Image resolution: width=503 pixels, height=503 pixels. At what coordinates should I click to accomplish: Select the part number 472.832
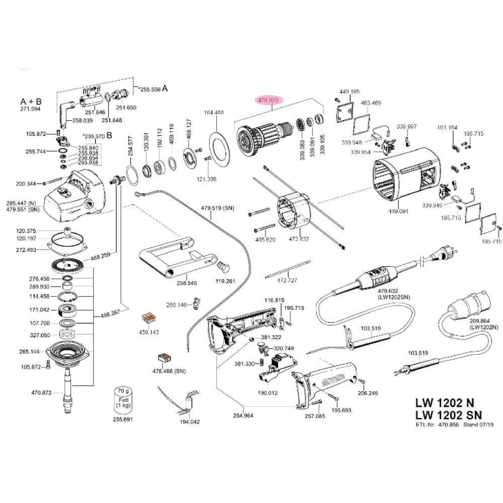(x=300, y=239)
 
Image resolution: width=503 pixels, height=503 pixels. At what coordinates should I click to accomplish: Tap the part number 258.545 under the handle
(x=186, y=283)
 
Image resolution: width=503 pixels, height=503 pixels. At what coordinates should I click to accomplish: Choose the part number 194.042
(x=190, y=422)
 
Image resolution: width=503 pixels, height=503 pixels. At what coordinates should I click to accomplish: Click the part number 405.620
(x=266, y=239)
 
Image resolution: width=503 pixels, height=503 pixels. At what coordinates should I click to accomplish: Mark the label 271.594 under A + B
(x=31, y=109)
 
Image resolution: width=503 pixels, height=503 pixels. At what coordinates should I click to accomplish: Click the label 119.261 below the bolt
(x=226, y=281)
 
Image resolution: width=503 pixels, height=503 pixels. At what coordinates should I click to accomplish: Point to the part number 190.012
(x=268, y=392)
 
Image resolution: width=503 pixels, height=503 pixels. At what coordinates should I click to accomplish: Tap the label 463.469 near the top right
(x=371, y=103)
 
